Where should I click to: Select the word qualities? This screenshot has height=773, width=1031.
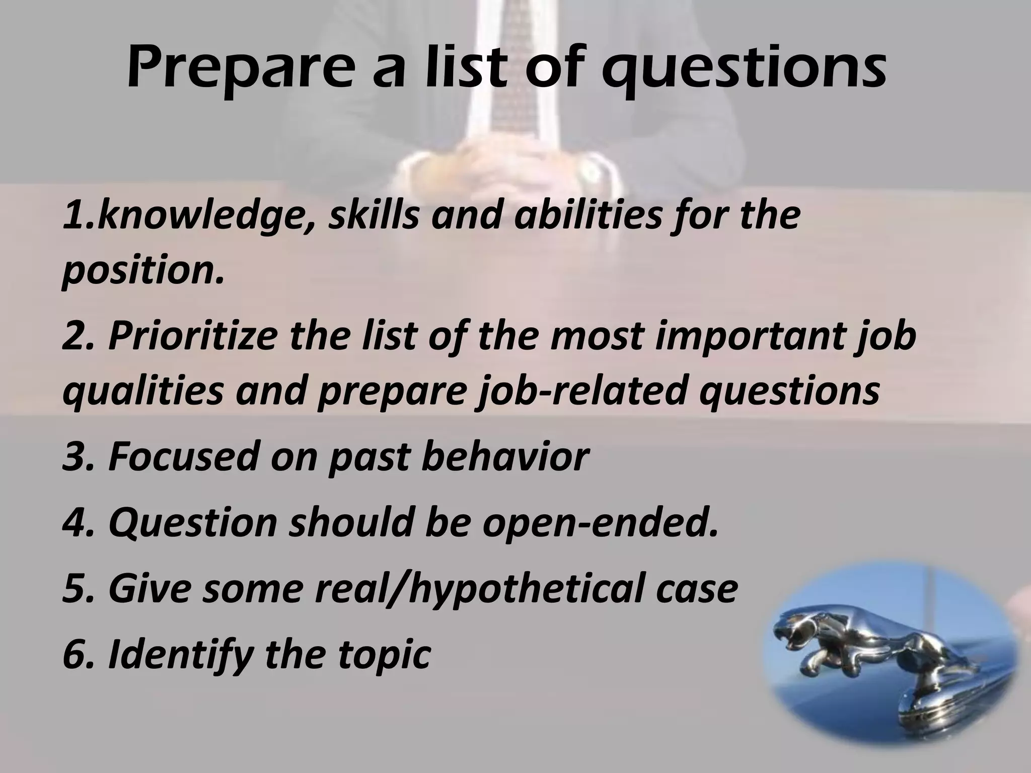coord(143,391)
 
